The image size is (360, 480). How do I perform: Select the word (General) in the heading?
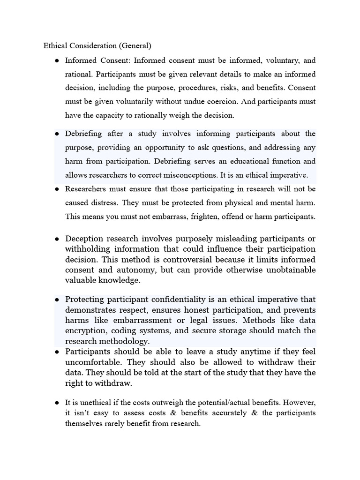(x=135, y=46)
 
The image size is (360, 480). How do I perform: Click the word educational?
(x=254, y=161)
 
